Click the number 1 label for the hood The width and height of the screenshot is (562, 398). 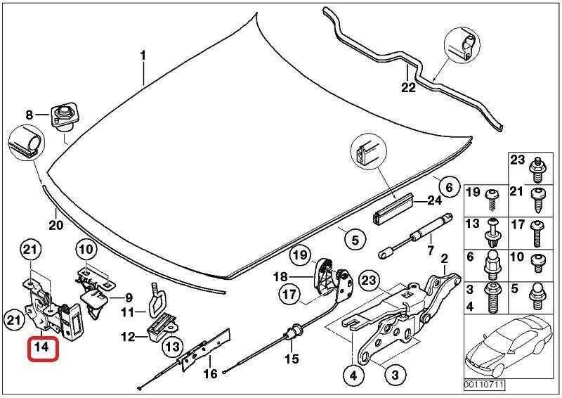pos(143,55)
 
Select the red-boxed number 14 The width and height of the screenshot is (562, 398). pos(41,347)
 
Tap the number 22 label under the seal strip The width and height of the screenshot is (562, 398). pos(408,88)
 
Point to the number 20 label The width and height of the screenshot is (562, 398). pos(55,225)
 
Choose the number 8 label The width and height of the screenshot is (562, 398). pos(30,115)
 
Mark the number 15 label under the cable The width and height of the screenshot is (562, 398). pos(291,359)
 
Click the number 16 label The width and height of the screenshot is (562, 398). pos(210,374)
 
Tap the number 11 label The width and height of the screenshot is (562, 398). pos(127,312)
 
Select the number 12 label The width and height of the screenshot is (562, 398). pos(127,337)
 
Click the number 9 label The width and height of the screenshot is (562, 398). pos(129,297)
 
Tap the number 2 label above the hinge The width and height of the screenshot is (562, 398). pos(444,259)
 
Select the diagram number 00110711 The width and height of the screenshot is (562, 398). pos(483,385)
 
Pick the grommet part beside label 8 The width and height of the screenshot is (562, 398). pos(63,115)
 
